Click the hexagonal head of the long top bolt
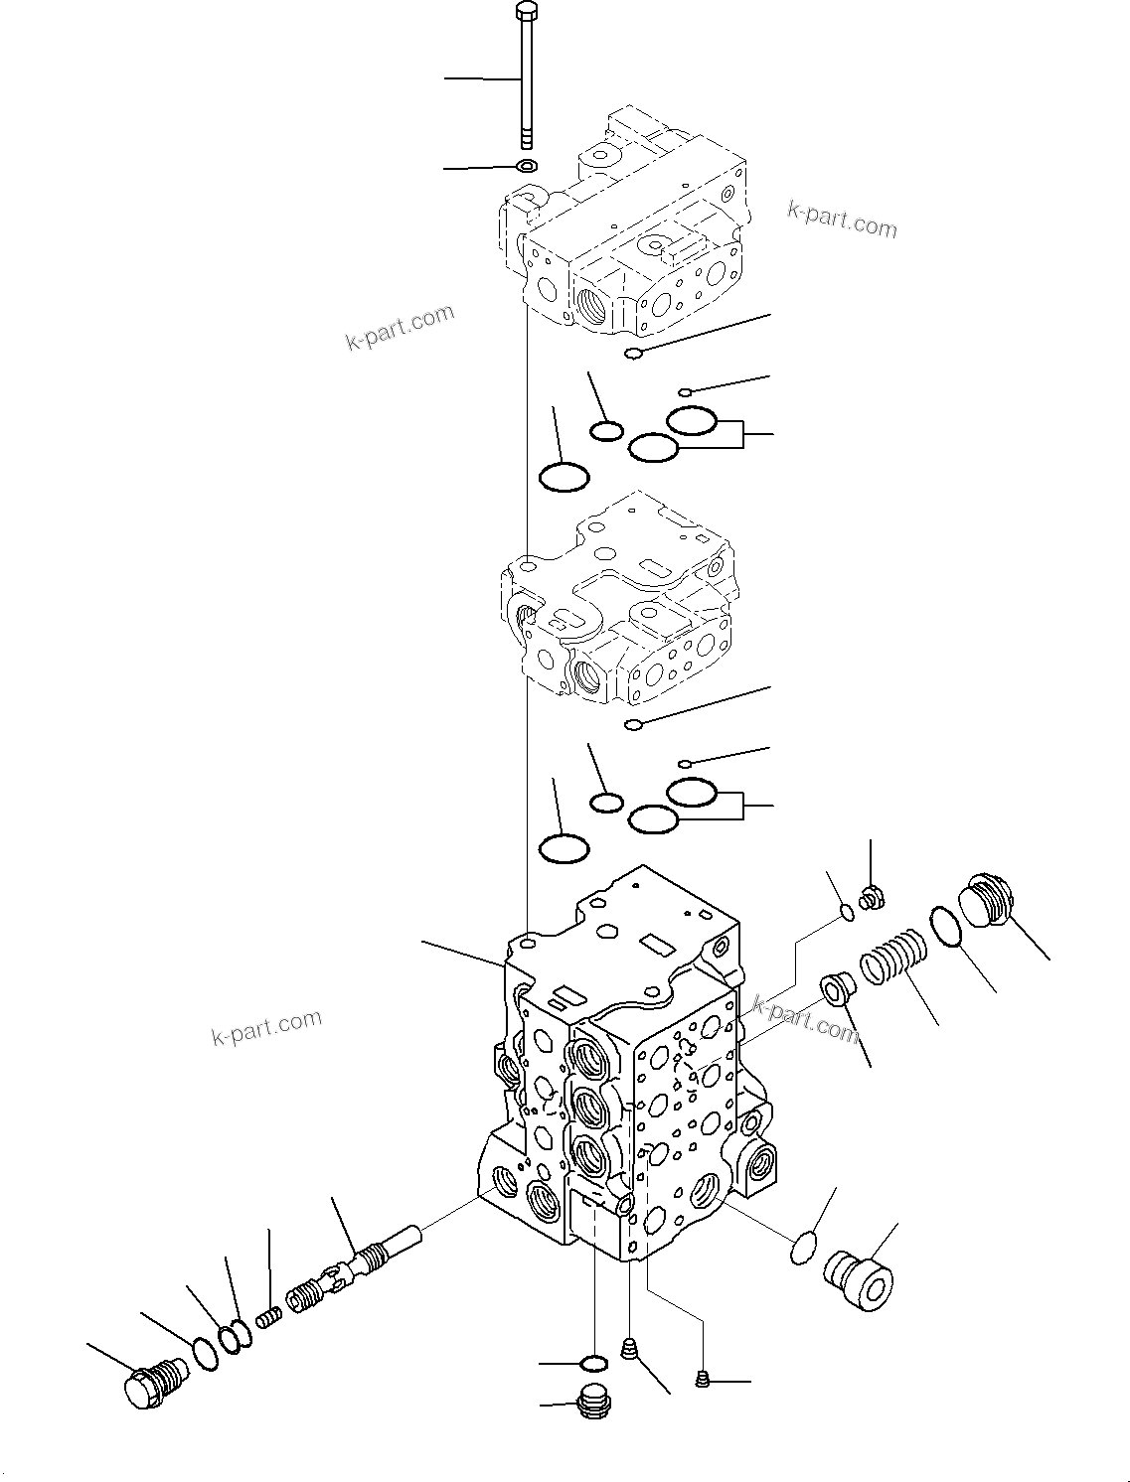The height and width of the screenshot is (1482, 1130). click(x=525, y=13)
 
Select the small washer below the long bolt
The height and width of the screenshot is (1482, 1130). click(x=527, y=165)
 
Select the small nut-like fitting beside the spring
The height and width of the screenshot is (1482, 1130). click(x=873, y=897)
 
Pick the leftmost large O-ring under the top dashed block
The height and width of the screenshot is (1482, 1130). click(x=564, y=478)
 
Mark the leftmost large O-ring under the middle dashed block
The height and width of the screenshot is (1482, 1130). click(x=564, y=849)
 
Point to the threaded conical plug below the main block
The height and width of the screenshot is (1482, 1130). click(x=627, y=1349)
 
